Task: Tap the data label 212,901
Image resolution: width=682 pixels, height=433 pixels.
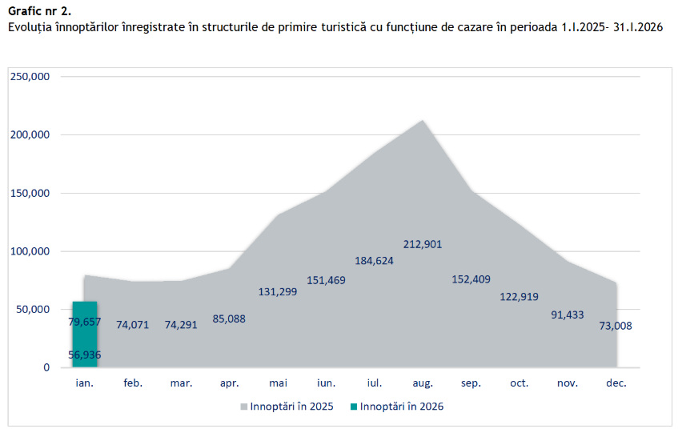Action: click(x=423, y=244)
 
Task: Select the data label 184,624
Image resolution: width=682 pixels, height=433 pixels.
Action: click(x=375, y=260)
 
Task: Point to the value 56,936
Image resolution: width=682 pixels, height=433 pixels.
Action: click(x=85, y=355)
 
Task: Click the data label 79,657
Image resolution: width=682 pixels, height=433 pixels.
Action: click(x=85, y=322)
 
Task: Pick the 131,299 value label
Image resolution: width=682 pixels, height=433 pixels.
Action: click(x=278, y=291)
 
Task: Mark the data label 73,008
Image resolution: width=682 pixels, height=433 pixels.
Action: click(x=616, y=325)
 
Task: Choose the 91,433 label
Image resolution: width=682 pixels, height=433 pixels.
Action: click(x=568, y=315)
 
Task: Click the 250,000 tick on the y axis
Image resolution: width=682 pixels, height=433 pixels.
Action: click(x=30, y=77)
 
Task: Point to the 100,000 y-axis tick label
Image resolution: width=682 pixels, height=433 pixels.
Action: click(x=30, y=251)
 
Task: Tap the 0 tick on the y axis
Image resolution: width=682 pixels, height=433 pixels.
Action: click(x=46, y=367)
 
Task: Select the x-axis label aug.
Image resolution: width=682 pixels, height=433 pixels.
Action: click(x=423, y=383)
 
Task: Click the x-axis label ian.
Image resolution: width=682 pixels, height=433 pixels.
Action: click(x=85, y=383)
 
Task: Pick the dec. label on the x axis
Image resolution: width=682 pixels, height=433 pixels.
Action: click(x=616, y=383)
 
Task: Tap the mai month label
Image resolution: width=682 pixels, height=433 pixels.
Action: click(x=278, y=383)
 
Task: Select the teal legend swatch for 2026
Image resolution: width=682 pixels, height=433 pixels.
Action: click(x=354, y=407)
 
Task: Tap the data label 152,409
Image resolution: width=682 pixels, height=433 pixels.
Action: click(x=471, y=279)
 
